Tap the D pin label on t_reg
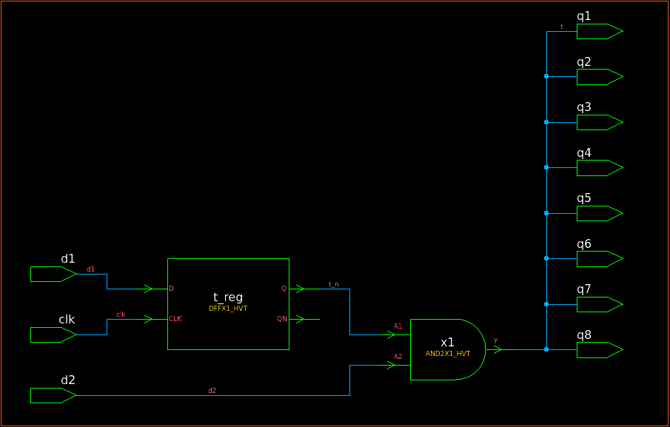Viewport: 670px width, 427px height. [172, 289]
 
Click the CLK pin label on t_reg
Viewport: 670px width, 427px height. [175, 319]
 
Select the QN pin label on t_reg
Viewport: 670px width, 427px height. [282, 319]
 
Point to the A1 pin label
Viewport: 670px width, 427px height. [398, 326]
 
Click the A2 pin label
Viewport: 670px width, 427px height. [398, 357]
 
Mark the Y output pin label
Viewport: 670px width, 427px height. [496, 341]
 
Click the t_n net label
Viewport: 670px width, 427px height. [334, 284]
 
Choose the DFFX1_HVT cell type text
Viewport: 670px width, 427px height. [228, 308]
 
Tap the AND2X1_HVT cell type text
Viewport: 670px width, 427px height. [448, 354]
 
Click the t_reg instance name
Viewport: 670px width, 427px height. [228, 297]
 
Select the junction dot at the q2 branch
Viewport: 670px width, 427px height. [546, 76]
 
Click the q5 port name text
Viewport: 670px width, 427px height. [584, 198]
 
